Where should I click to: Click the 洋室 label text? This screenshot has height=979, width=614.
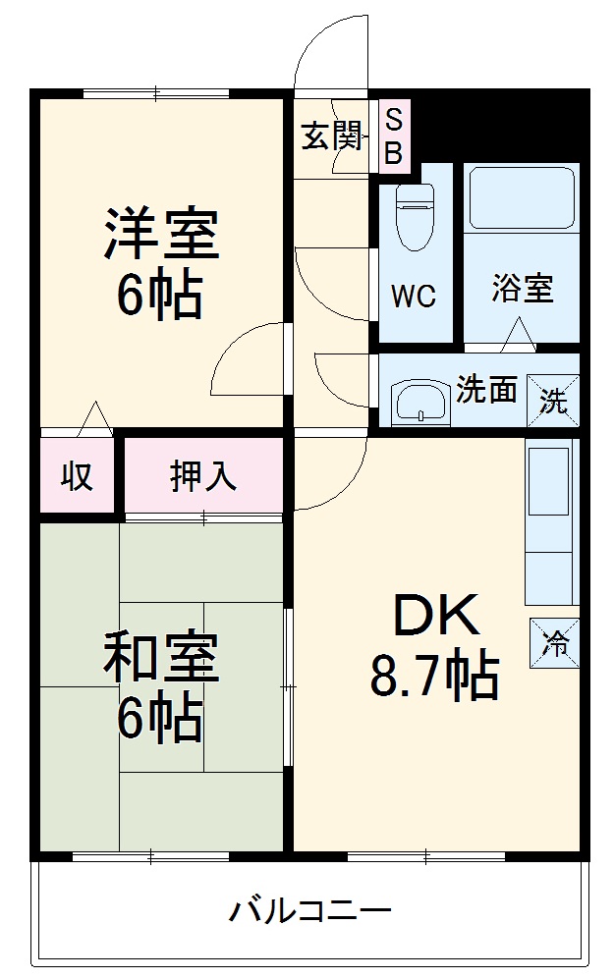[162, 234]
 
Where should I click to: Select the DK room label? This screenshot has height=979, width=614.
[436, 617]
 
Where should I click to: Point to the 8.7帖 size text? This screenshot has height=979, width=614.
[434, 678]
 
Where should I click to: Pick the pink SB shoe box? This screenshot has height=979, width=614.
[393, 136]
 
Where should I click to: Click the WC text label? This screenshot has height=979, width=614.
[414, 297]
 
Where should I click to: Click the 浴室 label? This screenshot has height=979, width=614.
[522, 289]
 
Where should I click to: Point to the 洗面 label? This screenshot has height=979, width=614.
[486, 390]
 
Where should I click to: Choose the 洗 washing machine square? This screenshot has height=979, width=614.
[554, 400]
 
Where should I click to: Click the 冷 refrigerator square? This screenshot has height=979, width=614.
[555, 644]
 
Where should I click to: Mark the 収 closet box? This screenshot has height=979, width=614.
[78, 475]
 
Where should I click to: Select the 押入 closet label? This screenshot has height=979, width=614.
[203, 475]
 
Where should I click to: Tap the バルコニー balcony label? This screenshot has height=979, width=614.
[310, 910]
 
